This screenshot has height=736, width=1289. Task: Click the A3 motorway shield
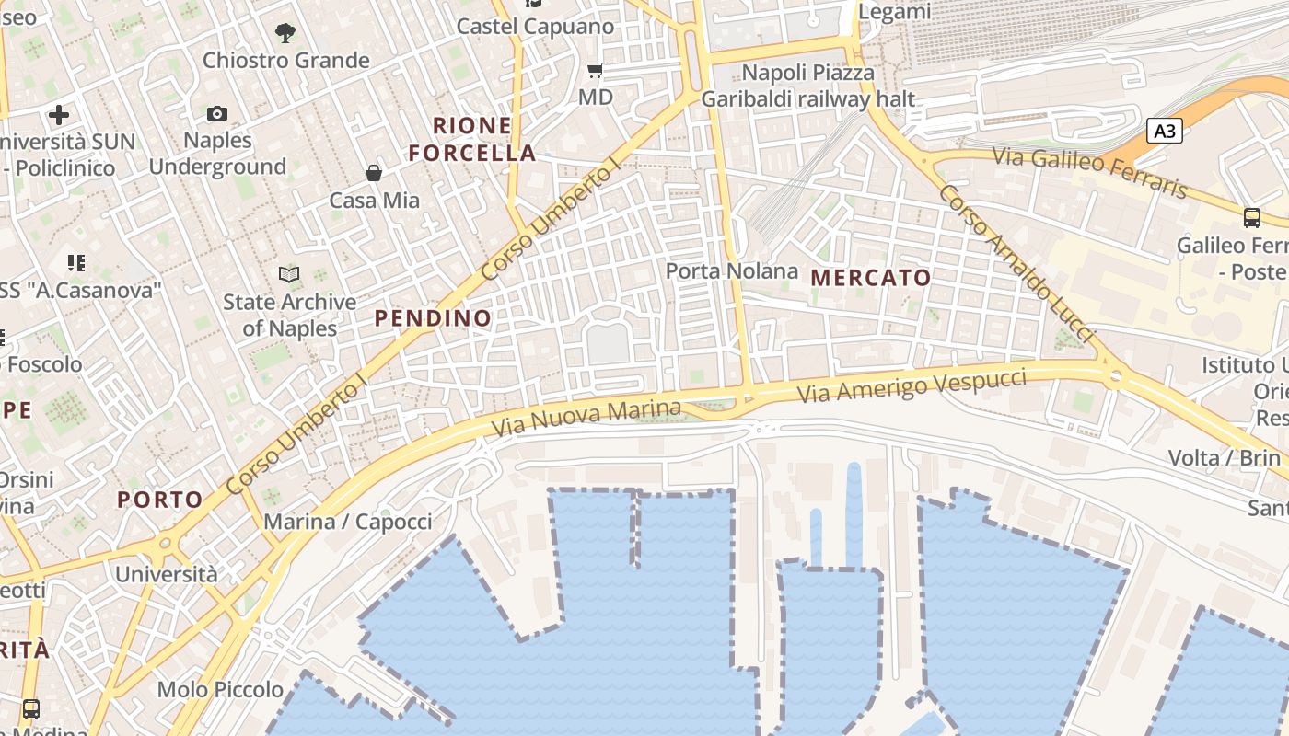pyautogui.click(x=1165, y=131)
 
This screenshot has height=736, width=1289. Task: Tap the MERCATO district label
pyautogui.click(x=871, y=277)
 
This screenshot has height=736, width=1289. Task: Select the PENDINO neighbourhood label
pyautogui.click(x=433, y=318)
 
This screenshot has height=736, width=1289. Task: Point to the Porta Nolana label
pyautogui.click(x=731, y=270)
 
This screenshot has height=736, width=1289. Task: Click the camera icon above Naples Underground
pyautogui.click(x=217, y=113)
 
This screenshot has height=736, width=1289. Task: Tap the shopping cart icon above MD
pyautogui.click(x=596, y=70)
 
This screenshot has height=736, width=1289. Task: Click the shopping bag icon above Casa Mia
pyautogui.click(x=374, y=172)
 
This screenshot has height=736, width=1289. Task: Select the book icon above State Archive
pyautogui.click(x=289, y=274)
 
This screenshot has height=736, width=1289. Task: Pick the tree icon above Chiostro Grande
pyautogui.click(x=285, y=33)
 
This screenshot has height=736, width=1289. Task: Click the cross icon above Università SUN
pyautogui.click(x=59, y=115)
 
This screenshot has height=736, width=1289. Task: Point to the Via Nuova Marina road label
pyautogui.click(x=586, y=417)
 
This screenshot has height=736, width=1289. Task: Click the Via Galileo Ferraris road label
pyautogui.click(x=1091, y=172)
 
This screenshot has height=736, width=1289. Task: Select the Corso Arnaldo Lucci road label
pyautogui.click(x=1016, y=261)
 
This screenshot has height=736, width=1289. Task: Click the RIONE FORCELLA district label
pyautogui.click(x=471, y=139)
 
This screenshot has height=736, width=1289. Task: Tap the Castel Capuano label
pyautogui.click(x=535, y=26)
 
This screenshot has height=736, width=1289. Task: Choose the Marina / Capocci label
pyautogui.click(x=347, y=522)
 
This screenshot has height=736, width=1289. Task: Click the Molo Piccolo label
pyautogui.click(x=220, y=689)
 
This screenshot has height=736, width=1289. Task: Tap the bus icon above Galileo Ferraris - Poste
pyautogui.click(x=1252, y=217)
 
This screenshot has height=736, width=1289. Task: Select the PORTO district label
pyautogui.click(x=160, y=500)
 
